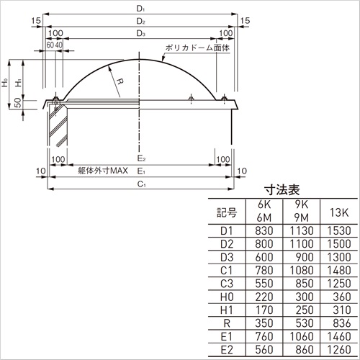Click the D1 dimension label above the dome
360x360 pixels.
[x=140, y=9]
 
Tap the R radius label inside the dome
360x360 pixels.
[x=120, y=81]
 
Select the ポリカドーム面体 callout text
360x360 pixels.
[x=197, y=48]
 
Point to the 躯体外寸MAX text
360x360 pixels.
[x=103, y=171]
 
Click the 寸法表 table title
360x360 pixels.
[x=282, y=190]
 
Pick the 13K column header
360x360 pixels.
[x=338, y=212]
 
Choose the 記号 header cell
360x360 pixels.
[x=227, y=212]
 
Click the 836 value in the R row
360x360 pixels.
[x=342, y=323]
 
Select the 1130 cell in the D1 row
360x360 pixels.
[x=302, y=230]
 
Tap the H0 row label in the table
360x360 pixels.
[x=227, y=297]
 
